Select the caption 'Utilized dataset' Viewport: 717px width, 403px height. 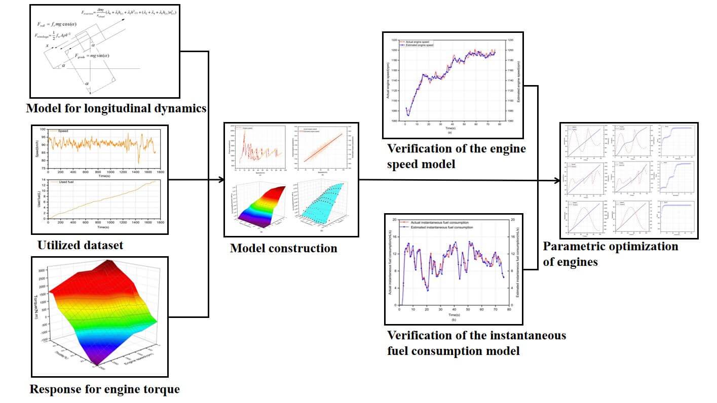[80, 246]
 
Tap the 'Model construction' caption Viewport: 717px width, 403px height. [283, 248]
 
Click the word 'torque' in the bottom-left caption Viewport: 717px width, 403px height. [163, 389]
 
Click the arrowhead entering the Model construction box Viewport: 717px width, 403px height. [221, 180]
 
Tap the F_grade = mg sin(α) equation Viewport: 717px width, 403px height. [93, 55]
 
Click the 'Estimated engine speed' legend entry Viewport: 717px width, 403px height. [421, 45]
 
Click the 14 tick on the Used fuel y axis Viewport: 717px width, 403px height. [43, 180]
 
